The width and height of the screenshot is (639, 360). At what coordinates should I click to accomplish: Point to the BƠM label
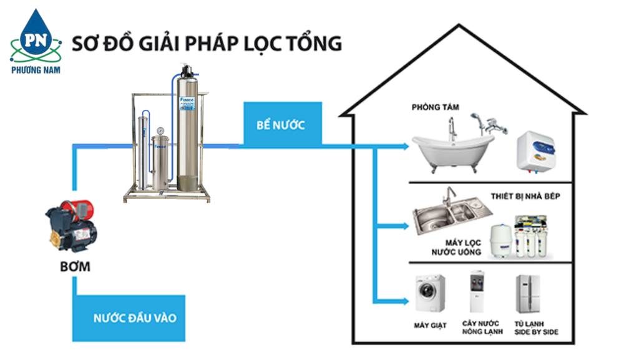74,267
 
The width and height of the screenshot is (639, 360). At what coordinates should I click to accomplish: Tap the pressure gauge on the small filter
161,132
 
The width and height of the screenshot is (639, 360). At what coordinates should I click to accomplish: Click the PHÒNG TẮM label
435,107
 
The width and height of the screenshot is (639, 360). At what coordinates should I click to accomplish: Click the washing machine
430,293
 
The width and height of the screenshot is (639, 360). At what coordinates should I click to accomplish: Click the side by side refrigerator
528,293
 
